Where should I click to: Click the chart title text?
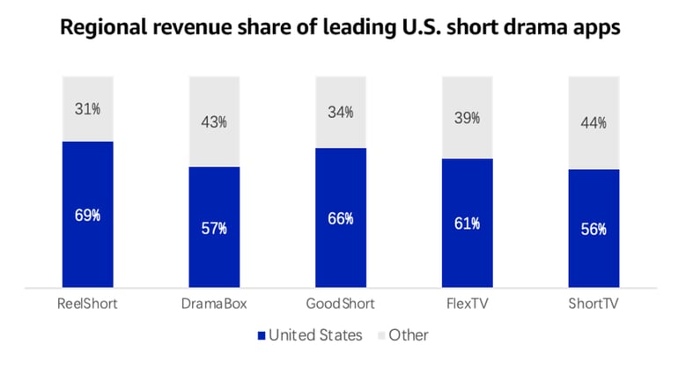pos(340,28)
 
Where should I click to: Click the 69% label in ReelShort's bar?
pos(87,216)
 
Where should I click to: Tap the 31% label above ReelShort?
pos(87,110)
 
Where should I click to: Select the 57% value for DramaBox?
pos(214,228)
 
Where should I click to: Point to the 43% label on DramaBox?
pos(214,122)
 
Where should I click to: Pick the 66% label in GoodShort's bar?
pos(341,218)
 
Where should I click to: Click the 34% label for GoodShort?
pos(341,113)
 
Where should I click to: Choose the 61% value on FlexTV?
pos(467,224)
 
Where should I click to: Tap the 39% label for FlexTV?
pos(467,118)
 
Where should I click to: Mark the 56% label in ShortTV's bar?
pos(594,229)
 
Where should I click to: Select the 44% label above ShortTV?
pos(594,123)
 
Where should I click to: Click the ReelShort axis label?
pos(87,304)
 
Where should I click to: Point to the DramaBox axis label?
pos(214,304)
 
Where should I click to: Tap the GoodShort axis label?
pos(341,304)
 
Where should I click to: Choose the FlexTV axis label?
pos(467,304)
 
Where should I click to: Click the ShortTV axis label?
pos(594,304)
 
